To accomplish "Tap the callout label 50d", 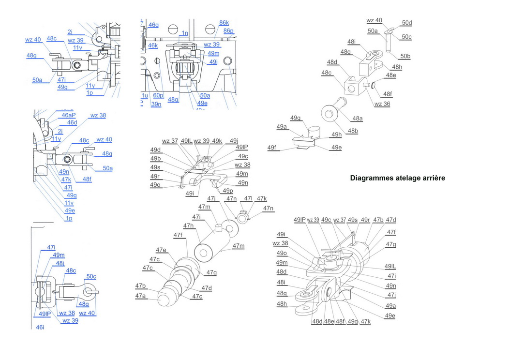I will (x=406, y=23).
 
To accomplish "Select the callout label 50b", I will (x=405, y=57).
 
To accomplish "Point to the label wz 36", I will (x=382, y=104).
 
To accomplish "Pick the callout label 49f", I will (x=272, y=148).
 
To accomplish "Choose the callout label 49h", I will (x=336, y=135).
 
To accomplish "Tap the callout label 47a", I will (x=140, y=296).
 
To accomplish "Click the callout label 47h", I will (x=188, y=225).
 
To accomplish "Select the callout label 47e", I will (x=161, y=250).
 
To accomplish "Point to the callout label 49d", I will (x=155, y=150).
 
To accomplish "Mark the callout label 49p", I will (x=227, y=191).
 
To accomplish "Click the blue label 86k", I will (x=224, y=23).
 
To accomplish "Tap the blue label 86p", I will (x=228, y=30).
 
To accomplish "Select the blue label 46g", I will (x=153, y=25).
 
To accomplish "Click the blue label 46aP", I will (x=69, y=115).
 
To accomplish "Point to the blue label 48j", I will (x=60, y=263).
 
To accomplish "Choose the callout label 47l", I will (x=248, y=198).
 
